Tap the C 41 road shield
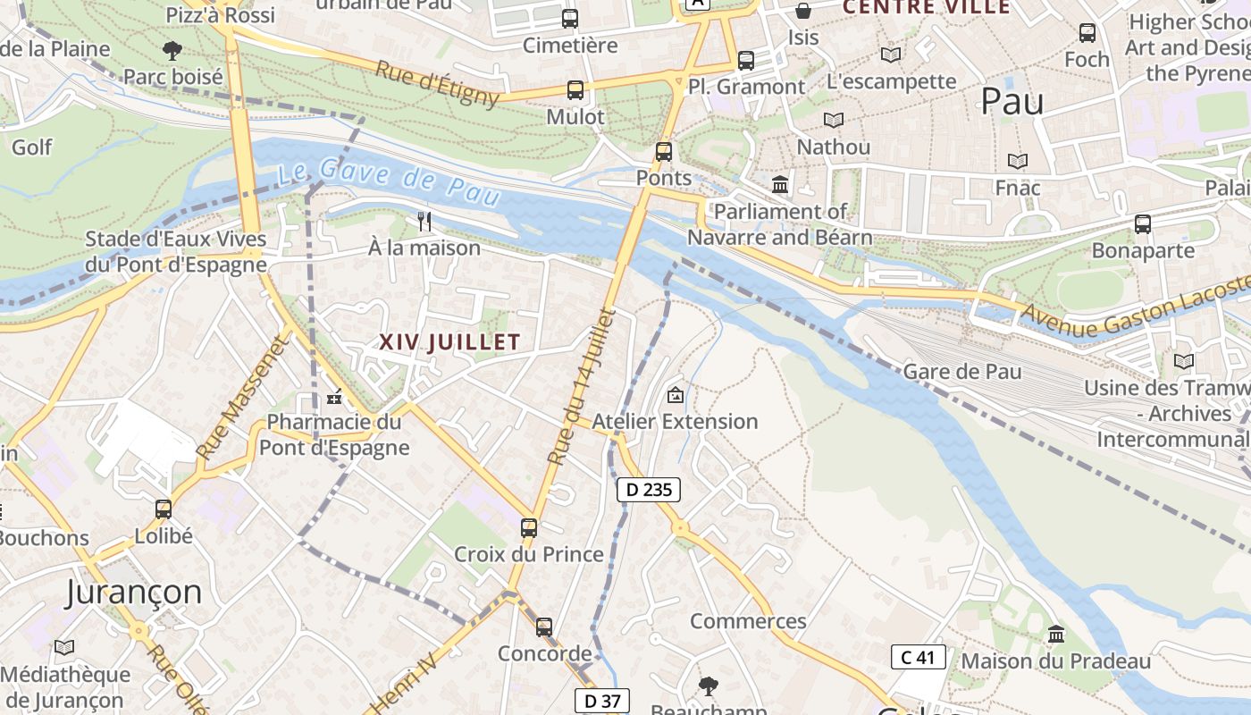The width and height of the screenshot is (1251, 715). point(918,658)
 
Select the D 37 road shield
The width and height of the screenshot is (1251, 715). point(601,702)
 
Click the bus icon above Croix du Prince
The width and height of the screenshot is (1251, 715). point(529,528)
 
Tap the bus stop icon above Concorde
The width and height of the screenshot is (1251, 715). point(544,627)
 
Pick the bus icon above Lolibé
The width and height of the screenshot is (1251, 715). point(164,509)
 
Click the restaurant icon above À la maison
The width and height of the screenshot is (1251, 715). point(424,221)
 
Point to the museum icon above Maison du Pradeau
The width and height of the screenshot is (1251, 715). point(1056,635)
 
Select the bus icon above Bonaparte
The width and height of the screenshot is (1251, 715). point(1143,224)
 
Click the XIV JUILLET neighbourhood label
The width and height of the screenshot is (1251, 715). point(449,342)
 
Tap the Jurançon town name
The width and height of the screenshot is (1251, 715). point(134,592)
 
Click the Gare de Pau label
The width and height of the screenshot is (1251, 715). point(962,371)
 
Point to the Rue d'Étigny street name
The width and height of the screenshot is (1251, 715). point(437,83)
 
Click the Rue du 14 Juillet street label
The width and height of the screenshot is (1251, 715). point(582,387)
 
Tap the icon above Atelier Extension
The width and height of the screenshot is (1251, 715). point(676,394)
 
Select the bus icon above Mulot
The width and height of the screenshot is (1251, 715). point(575,90)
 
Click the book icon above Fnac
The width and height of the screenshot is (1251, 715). point(1018,162)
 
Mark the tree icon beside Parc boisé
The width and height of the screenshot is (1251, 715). point(172,50)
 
